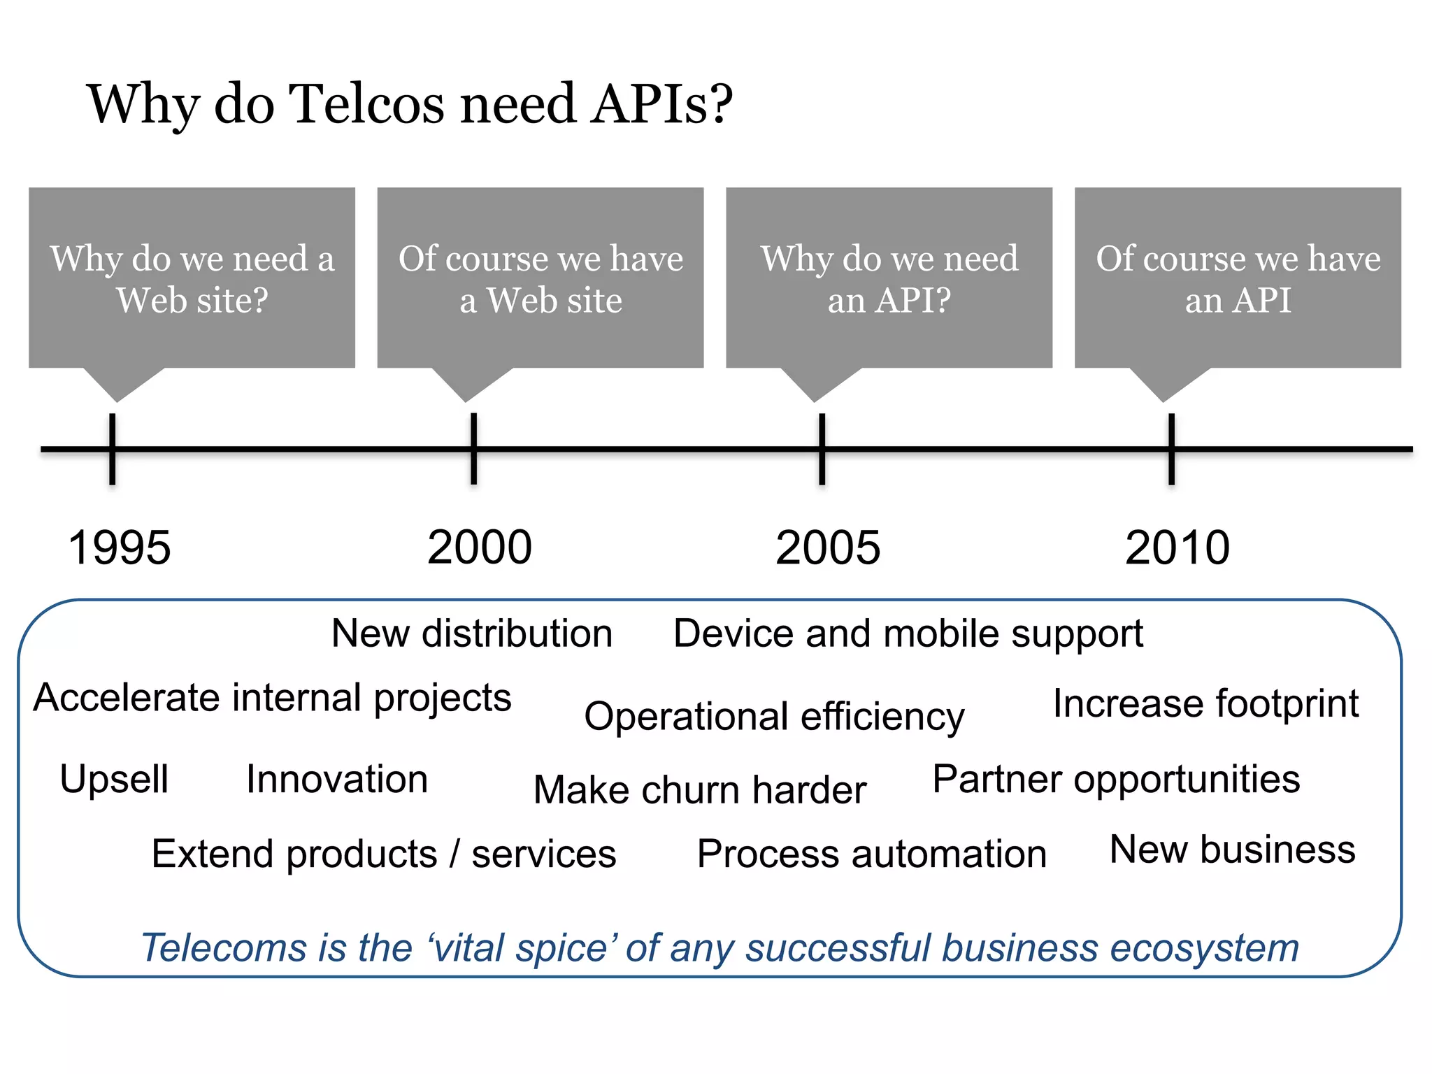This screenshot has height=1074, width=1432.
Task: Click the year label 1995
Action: pyautogui.click(x=120, y=547)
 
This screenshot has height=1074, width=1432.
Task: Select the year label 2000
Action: pyautogui.click(x=480, y=547)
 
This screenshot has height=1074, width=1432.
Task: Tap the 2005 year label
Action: pyautogui.click(x=828, y=547)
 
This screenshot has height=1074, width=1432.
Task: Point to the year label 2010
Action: pyautogui.click(x=1177, y=547)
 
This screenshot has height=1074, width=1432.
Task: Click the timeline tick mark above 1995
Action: pyautogui.click(x=112, y=449)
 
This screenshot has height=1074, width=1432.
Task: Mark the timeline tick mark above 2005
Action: pyautogui.click(x=822, y=449)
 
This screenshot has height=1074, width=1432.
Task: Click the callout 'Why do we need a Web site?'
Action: pyautogui.click(x=192, y=278)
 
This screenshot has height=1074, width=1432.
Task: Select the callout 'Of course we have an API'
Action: pyautogui.click(x=1238, y=278)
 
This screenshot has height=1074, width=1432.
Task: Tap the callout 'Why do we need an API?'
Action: pyautogui.click(x=889, y=278)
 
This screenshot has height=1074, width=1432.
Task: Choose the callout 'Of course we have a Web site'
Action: pyautogui.click(x=540, y=278)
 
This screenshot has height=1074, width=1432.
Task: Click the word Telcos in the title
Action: pyautogui.click(x=366, y=104)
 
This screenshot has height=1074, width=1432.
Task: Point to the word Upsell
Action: pyautogui.click(x=114, y=779)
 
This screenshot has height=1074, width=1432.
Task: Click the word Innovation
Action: pyautogui.click(x=337, y=779)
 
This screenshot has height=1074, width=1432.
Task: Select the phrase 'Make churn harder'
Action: pyautogui.click(x=700, y=790)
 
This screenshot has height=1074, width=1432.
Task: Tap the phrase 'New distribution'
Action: pyautogui.click(x=472, y=633)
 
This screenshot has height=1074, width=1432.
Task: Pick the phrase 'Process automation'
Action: pyautogui.click(x=872, y=854)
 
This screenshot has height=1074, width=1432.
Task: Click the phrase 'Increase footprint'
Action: pyautogui.click(x=1206, y=703)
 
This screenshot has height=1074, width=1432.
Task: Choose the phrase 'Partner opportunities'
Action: pyautogui.click(x=1116, y=779)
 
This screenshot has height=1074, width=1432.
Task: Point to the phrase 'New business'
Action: pyautogui.click(x=1232, y=850)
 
